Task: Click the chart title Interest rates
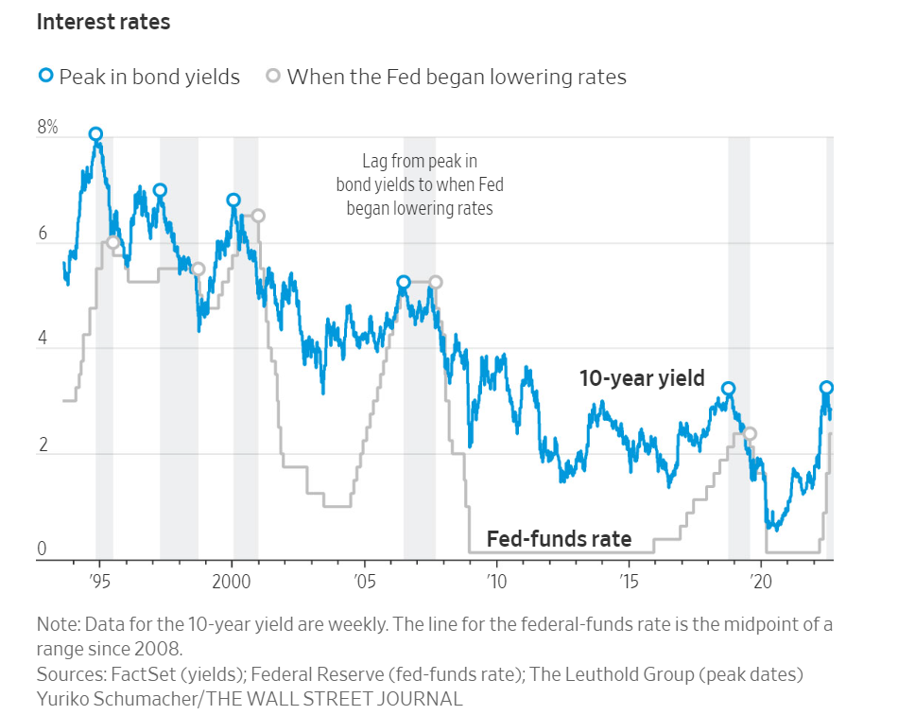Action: point(103,22)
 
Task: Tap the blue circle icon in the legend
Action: point(44,76)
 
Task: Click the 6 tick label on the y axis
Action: point(42,233)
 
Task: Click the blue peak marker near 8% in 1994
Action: point(95,134)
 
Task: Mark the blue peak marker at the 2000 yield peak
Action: point(233,200)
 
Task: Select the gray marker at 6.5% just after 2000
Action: point(258,216)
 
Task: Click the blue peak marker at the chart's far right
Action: point(826,388)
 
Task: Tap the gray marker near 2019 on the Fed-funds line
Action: point(750,434)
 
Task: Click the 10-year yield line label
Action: point(642,378)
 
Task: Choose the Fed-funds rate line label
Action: point(559,539)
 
